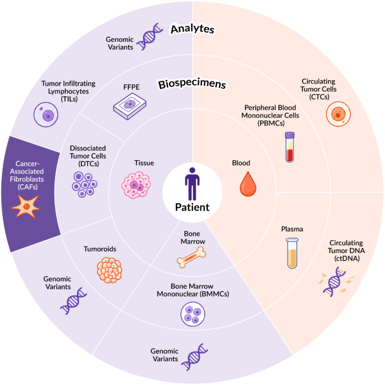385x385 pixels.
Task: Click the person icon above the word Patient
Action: (x=192, y=183)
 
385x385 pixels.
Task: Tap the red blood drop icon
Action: (x=248, y=184)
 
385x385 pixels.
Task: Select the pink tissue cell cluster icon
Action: (x=136, y=185)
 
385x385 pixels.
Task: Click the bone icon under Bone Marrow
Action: (x=191, y=257)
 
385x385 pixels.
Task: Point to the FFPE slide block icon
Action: (x=130, y=106)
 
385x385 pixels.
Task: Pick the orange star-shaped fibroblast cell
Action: (x=26, y=206)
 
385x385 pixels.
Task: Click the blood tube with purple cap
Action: (x=290, y=147)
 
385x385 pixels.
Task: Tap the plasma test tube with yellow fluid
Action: (x=292, y=253)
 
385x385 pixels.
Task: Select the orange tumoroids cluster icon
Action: (x=109, y=270)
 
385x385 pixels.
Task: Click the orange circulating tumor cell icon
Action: (x=338, y=114)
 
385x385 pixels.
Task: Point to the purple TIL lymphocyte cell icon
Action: (x=46, y=115)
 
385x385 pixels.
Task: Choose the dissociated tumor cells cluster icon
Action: (x=84, y=184)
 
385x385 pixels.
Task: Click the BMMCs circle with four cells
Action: (x=192, y=314)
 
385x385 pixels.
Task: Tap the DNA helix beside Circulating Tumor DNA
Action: (x=336, y=282)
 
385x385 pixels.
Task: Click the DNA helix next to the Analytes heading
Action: (x=150, y=37)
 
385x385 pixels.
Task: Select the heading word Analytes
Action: (x=192, y=29)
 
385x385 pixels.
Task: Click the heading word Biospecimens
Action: (x=192, y=84)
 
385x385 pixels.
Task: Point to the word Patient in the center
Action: (x=192, y=207)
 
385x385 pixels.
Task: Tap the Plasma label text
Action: (x=292, y=229)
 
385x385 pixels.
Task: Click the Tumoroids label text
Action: (x=100, y=249)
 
